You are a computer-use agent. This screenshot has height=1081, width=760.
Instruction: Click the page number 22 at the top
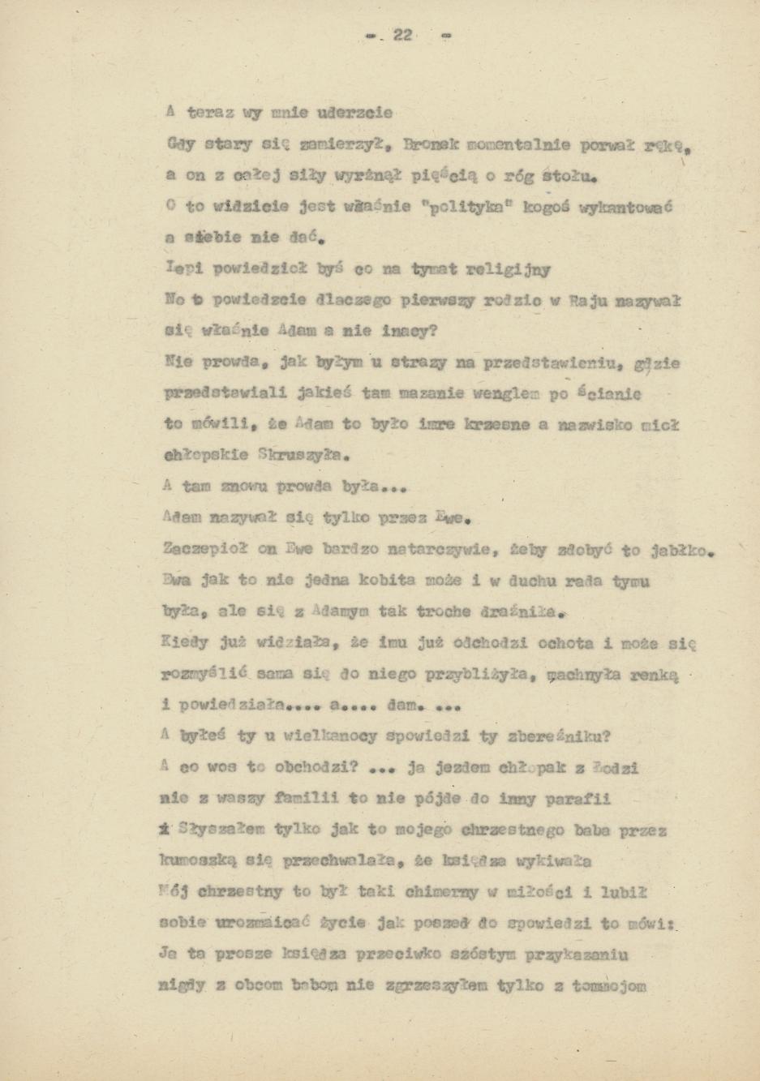(403, 35)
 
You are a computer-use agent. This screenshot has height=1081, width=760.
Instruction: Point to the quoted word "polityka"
(468, 208)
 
